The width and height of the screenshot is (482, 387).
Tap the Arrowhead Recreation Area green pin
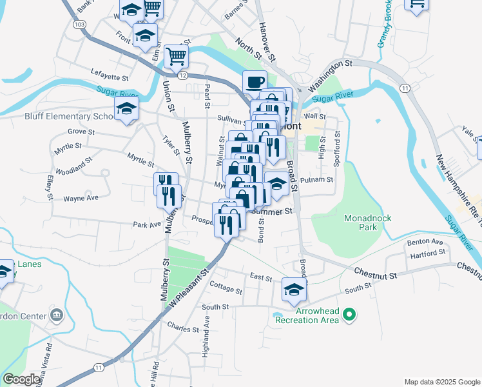pos(350,315)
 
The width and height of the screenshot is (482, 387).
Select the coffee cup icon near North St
pos(255,83)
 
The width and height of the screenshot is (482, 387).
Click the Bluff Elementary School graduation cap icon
pos(127,109)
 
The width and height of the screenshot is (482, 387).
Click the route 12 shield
pos(184,76)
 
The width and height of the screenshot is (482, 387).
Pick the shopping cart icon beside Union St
pos(175,55)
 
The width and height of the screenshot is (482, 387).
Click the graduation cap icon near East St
pos(294,290)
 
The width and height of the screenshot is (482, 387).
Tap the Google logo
pos(22,379)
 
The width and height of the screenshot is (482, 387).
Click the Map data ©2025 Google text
pos(441,382)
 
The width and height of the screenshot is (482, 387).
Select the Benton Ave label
pos(425,243)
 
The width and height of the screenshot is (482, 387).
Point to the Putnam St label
pos(316,181)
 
